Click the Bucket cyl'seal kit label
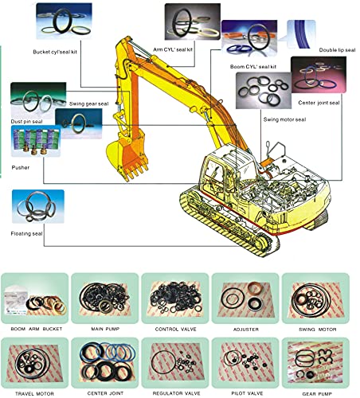55,52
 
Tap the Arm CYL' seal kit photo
193,21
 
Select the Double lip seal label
337,50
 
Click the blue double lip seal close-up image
301,34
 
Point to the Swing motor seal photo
264,91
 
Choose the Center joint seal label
319,103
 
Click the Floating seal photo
38,206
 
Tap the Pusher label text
21,167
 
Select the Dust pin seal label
26,122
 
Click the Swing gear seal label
89,103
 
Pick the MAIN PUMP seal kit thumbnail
105,298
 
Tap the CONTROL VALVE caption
176,330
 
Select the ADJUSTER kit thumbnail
245,298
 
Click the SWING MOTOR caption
318,330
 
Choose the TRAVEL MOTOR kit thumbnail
34,363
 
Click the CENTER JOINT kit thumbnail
105,363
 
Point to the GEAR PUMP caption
317,394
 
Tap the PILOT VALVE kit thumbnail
245,363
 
